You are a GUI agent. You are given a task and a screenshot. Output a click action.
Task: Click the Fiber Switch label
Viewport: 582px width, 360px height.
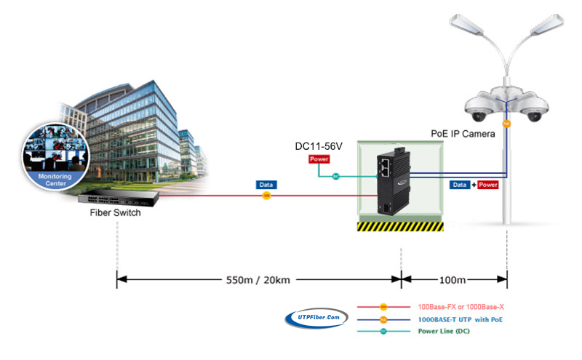tap(115, 212)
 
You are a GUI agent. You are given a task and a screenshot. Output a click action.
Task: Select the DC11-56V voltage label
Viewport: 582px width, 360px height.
tap(319, 146)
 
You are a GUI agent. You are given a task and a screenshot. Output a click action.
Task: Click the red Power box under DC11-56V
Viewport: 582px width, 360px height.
tap(319, 159)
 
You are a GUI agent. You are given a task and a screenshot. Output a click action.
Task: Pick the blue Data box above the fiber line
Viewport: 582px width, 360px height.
tap(266, 185)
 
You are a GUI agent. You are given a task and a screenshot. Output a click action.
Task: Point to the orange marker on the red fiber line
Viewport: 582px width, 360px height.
tap(266, 196)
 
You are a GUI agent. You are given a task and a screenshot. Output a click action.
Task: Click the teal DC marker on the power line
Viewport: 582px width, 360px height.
tap(336, 176)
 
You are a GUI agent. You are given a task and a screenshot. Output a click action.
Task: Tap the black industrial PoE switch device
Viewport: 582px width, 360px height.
tap(394, 182)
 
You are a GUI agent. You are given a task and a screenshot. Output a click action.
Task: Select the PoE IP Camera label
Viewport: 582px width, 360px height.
tap(463, 134)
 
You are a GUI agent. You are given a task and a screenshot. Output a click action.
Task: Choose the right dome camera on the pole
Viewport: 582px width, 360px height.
tap(533, 108)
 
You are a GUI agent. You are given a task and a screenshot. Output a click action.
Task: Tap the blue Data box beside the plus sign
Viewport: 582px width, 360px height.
tap(460, 185)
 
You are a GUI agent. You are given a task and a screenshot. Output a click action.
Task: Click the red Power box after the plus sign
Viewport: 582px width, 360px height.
tap(487, 185)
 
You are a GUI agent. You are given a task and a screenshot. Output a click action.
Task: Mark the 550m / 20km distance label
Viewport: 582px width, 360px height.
tap(258, 280)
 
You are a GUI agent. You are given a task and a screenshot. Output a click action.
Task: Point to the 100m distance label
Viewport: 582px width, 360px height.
tap(453, 280)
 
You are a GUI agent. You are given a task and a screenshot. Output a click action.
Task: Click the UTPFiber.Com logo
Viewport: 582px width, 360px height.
tap(316, 318)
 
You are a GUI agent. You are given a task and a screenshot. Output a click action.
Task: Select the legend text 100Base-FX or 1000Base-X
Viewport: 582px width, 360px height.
tap(461, 307)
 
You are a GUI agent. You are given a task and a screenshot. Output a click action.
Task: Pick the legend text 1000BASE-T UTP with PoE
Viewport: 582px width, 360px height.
tap(461, 319)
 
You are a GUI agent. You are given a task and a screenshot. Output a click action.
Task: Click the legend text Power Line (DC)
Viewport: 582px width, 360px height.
tap(444, 331)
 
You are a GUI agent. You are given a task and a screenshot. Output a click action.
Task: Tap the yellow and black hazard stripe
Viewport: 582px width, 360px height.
tap(400, 226)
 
